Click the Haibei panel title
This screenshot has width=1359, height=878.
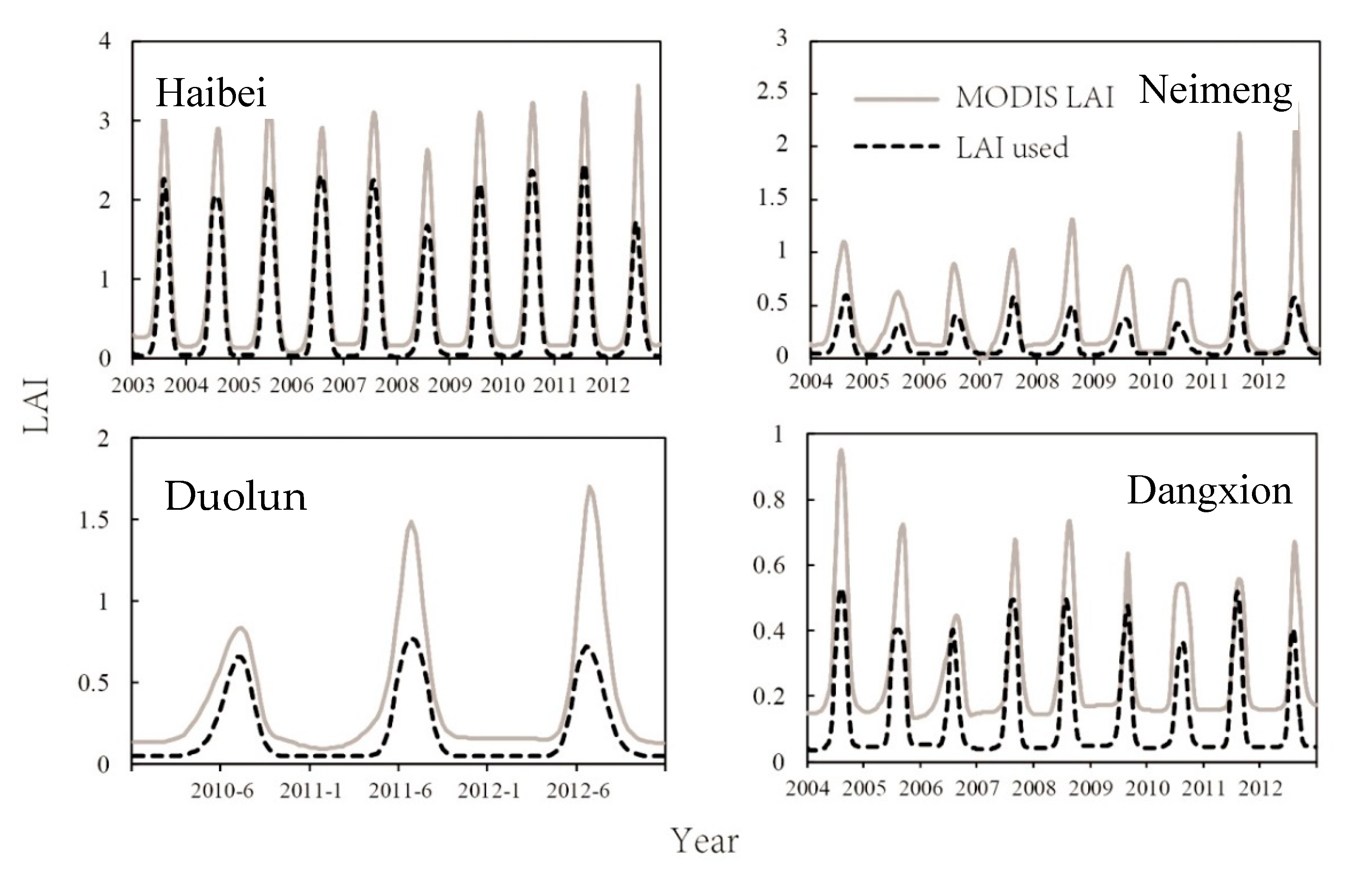point(211,93)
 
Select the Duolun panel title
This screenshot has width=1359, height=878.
point(236,496)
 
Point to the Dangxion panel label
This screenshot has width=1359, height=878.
point(1209,491)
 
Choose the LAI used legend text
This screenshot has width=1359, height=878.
point(1012,148)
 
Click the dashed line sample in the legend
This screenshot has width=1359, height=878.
point(896,147)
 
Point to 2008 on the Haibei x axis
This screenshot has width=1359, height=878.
point(397,386)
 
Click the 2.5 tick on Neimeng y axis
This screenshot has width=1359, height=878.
point(772,93)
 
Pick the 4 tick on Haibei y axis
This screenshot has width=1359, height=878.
point(104,42)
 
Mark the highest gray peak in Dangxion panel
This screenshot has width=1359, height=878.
point(840,451)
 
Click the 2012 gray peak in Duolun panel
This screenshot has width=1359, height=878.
point(589,487)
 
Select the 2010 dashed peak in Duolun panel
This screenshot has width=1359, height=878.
point(239,656)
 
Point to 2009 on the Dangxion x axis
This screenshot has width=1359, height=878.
point(1089,789)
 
